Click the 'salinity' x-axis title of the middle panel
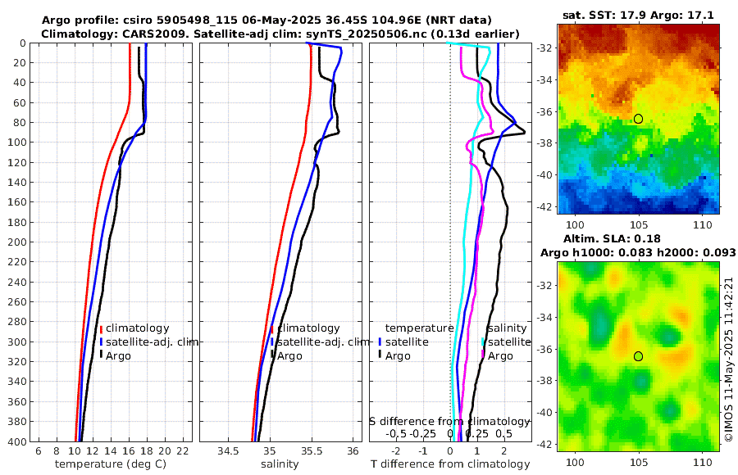pos(280,464)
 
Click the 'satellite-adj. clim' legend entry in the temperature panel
pos(152,342)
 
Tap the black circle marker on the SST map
pos(638,119)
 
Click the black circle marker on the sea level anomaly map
pos(638,356)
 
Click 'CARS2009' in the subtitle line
pos(141,33)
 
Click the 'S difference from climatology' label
pos(449,421)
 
